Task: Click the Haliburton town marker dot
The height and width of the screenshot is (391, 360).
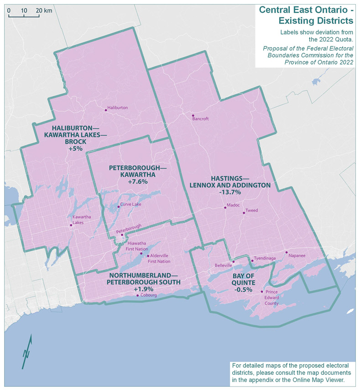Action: [105, 109]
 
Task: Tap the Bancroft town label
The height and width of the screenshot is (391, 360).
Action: [201, 119]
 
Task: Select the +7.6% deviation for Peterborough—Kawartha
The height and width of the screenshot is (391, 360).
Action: [132, 181]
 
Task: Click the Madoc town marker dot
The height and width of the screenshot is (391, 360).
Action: [225, 208]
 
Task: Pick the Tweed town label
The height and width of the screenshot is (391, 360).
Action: [252, 211]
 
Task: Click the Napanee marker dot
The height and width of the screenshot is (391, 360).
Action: [287, 252]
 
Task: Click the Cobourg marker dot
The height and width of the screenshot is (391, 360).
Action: [138, 296]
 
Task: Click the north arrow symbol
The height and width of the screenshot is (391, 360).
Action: [27, 351]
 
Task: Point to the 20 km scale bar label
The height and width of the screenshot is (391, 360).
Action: [44, 10]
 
